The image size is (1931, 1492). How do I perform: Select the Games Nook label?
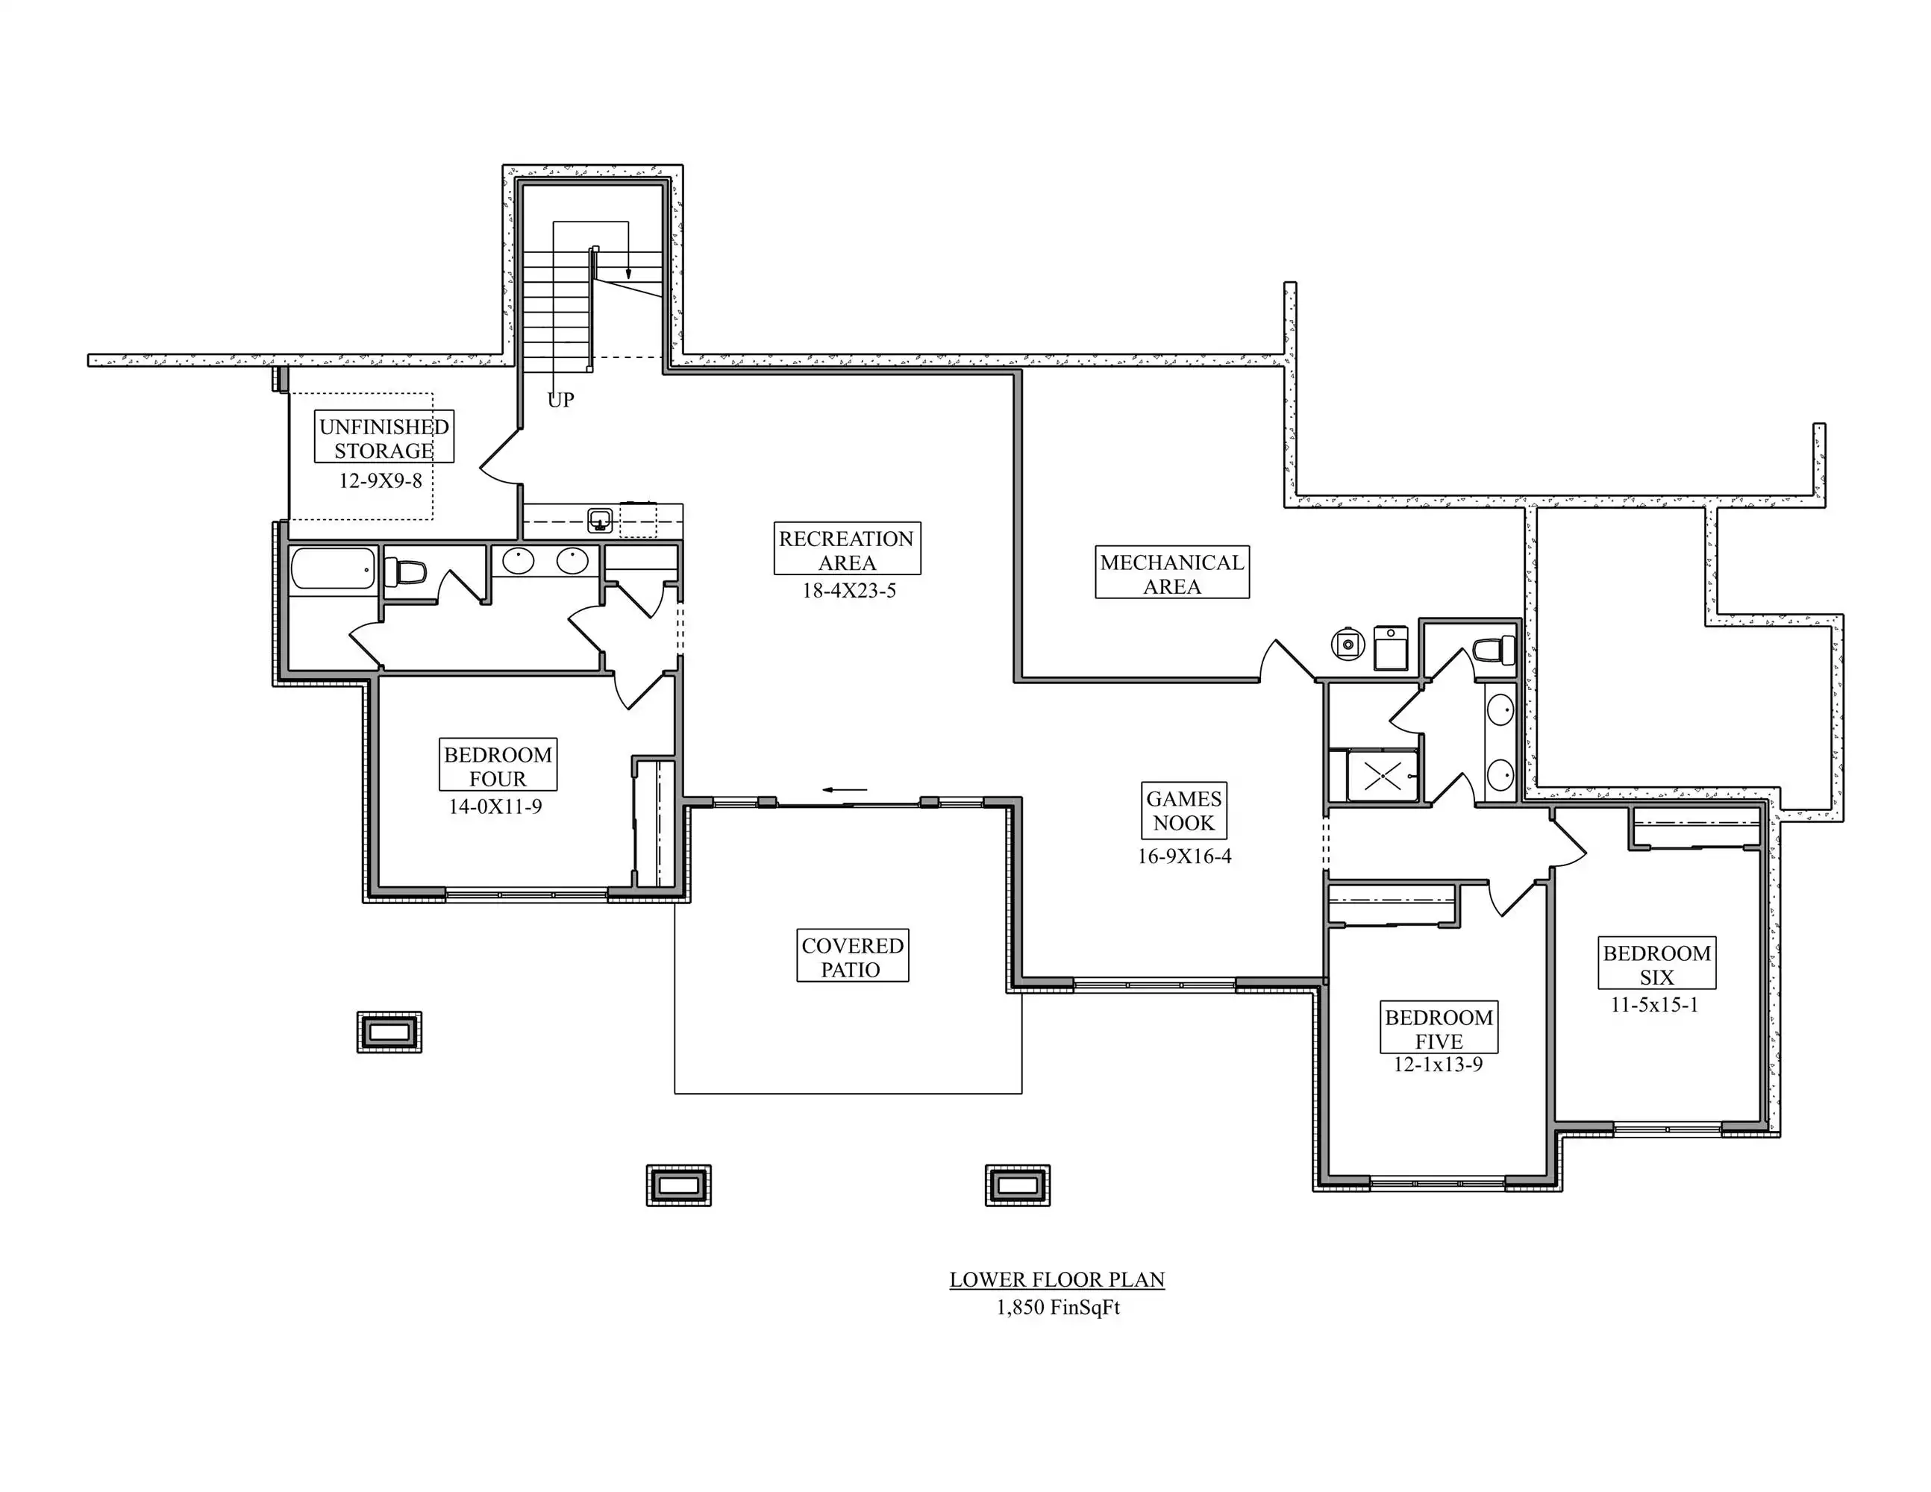point(1184,810)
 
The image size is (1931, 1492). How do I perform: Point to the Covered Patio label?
point(852,956)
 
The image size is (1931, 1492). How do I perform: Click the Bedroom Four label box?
point(498,765)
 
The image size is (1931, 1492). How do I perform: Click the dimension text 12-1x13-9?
point(1439,1065)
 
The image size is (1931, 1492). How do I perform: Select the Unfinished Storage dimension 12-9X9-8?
point(381,482)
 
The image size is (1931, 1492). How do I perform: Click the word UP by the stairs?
point(560,401)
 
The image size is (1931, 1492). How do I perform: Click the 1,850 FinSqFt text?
point(1057,1307)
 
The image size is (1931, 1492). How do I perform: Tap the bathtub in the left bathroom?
point(333,568)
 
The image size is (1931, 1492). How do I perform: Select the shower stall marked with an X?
point(1382,776)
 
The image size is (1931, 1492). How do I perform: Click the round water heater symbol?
point(1348,645)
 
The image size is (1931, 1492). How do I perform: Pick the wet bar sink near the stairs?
point(601,520)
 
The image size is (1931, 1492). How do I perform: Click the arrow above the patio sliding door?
point(845,789)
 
